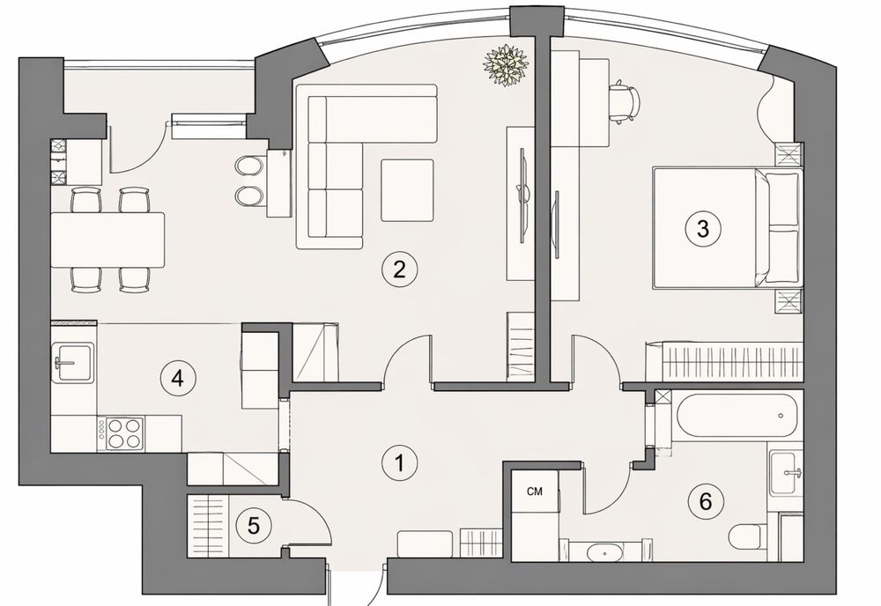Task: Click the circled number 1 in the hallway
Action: [x=399, y=463]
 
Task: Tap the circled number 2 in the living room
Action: [x=399, y=270]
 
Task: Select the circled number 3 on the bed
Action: [x=703, y=229]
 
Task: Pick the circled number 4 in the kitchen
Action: [x=178, y=379]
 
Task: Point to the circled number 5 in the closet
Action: [x=254, y=527]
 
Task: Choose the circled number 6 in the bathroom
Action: [x=706, y=501]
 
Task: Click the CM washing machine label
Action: [x=535, y=491]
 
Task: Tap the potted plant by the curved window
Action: [x=506, y=65]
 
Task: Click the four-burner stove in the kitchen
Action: [x=120, y=433]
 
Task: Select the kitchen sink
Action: [x=73, y=364]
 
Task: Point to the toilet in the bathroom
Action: [x=748, y=537]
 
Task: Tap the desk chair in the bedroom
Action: [x=625, y=102]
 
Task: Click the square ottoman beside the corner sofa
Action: [x=407, y=190]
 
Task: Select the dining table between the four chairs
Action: [x=107, y=240]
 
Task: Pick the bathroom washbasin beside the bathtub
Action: [x=786, y=472]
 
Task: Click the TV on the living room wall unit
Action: [x=523, y=196]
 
